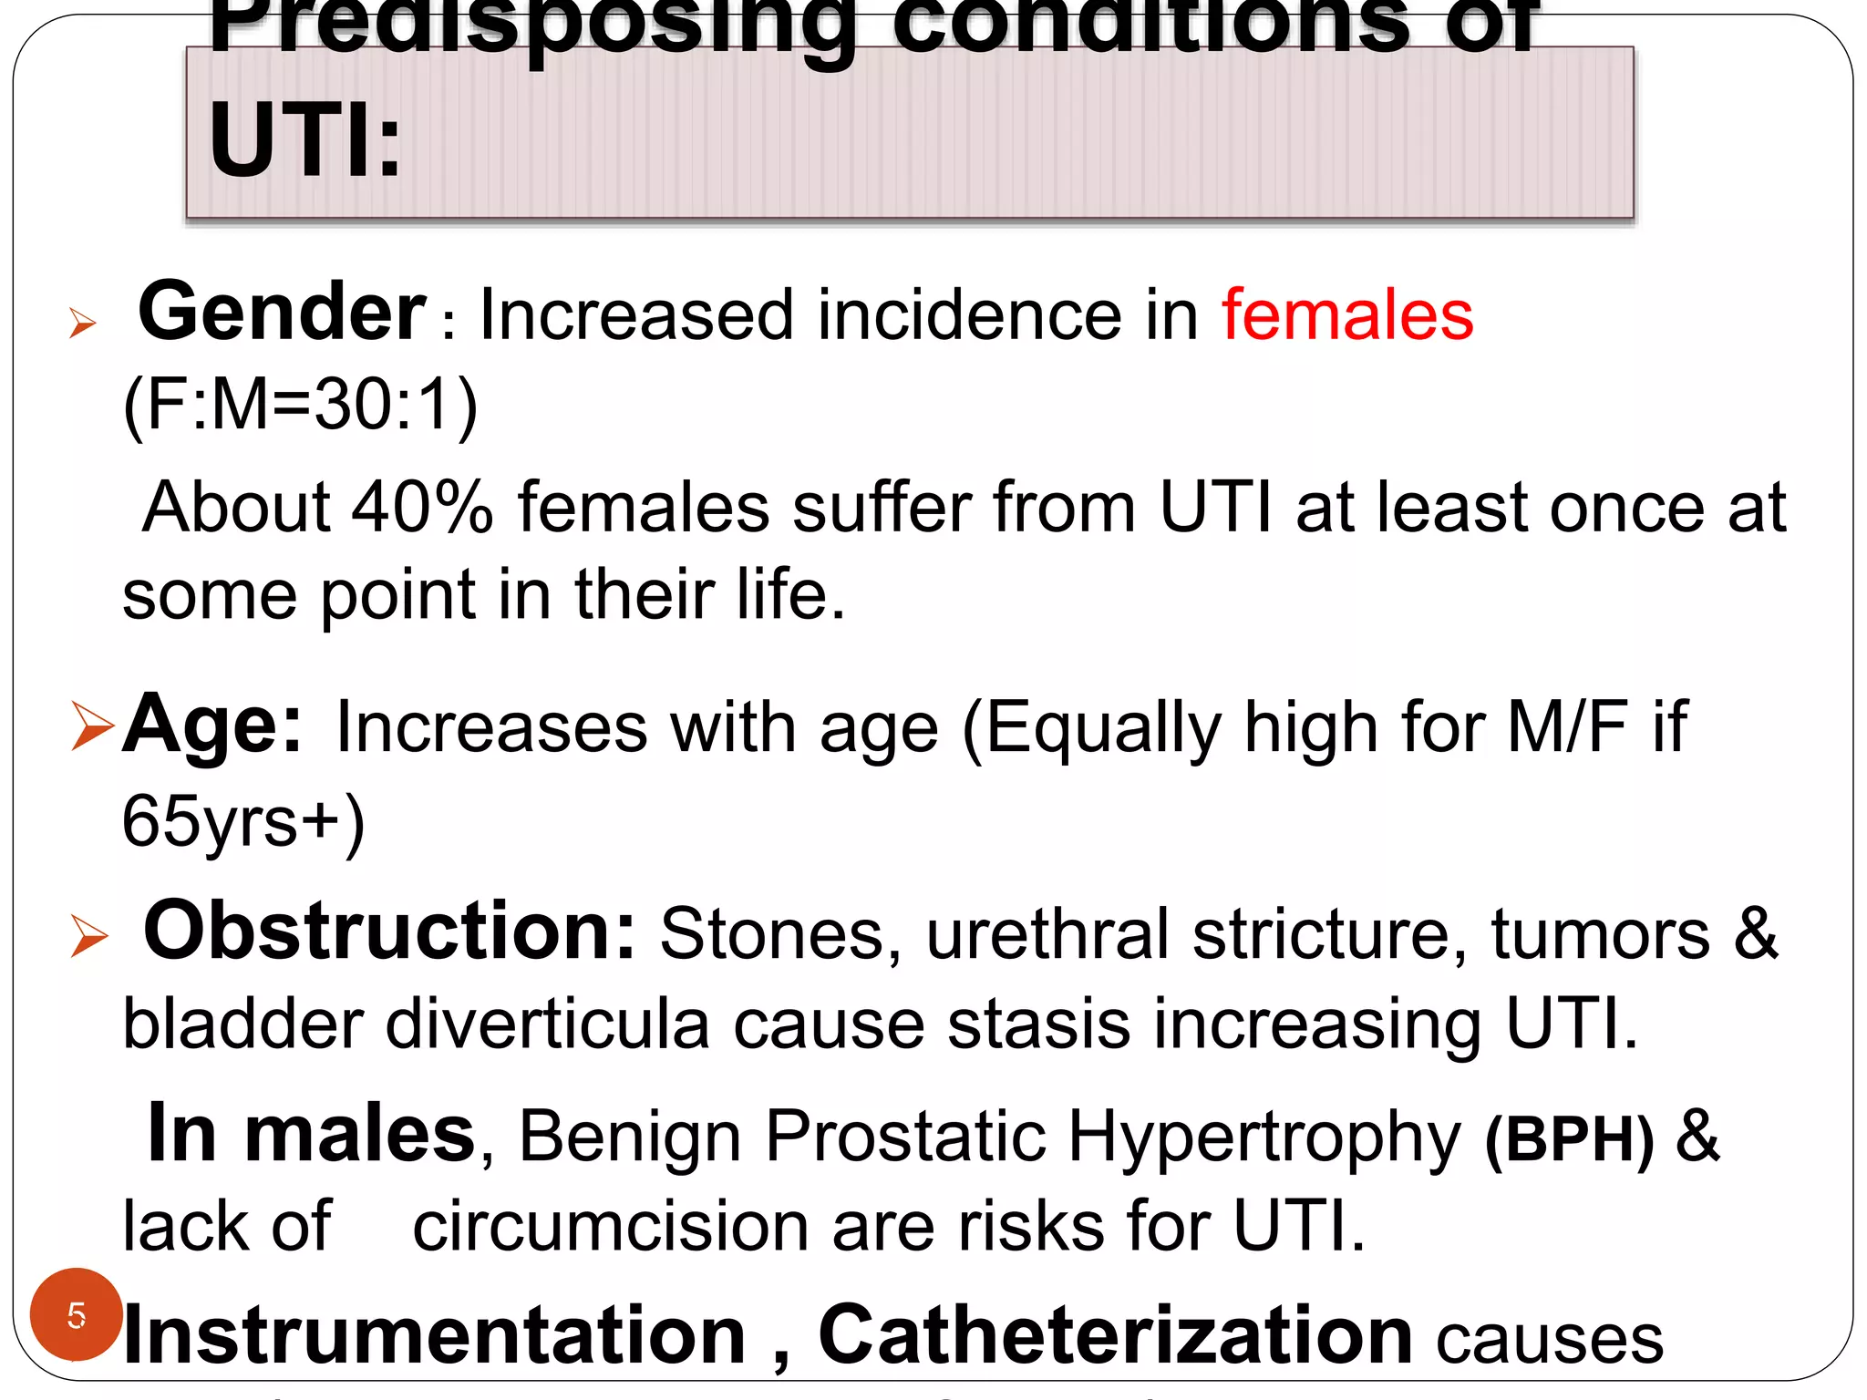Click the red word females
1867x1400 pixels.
1346,315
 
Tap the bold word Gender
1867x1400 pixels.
282,313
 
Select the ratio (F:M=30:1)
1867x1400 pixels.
300,404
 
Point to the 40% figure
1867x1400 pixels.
422,508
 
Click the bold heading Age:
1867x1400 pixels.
211,725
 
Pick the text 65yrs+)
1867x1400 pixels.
243,821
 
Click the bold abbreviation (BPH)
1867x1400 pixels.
1569,1138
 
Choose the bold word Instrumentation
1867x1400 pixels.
434,1336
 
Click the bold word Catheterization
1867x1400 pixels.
1115,1336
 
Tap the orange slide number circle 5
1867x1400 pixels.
77,1314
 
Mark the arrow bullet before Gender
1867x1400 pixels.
82,323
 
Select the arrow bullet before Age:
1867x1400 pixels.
92,727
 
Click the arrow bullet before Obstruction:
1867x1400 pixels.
89,936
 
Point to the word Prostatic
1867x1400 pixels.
905,1137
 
